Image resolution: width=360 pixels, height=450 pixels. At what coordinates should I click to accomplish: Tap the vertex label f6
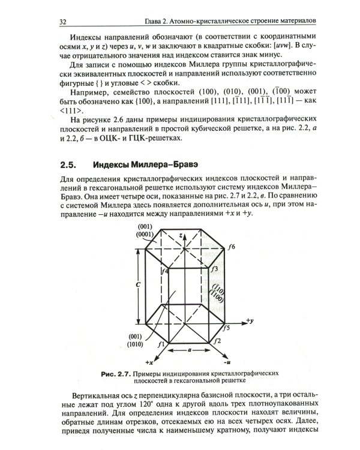tap(231, 247)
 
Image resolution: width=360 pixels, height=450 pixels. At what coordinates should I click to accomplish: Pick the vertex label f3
tap(214, 271)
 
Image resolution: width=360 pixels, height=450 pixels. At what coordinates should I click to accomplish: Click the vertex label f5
tap(226, 328)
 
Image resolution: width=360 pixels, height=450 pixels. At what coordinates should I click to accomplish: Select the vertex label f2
tap(218, 341)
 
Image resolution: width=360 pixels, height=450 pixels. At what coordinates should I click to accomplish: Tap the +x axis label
tap(149, 364)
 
